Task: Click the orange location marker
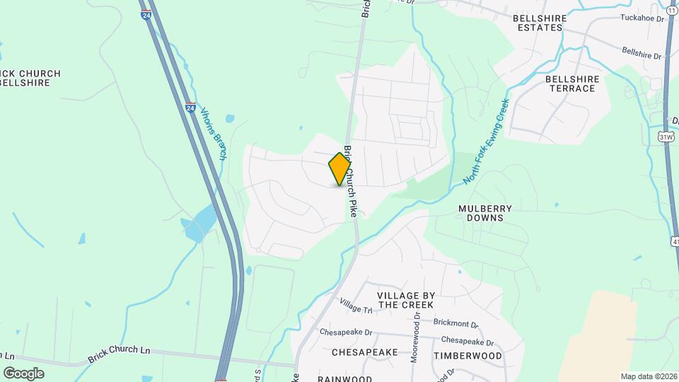(339, 169)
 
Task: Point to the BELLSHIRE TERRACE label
(572, 83)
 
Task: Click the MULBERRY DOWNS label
(480, 213)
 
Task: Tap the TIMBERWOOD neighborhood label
(468, 355)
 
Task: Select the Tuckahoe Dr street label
(642, 18)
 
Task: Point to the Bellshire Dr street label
(641, 53)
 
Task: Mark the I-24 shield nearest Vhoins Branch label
(190, 108)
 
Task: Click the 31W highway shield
(666, 135)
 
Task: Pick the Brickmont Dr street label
(455, 323)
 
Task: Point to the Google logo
(23, 373)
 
